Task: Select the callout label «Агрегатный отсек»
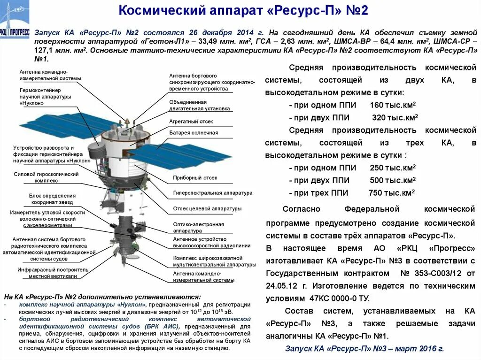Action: [191, 121]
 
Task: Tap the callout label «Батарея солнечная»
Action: [194, 133]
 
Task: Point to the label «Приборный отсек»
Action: [195, 178]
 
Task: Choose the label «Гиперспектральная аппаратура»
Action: [212, 192]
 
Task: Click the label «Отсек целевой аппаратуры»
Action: [207, 208]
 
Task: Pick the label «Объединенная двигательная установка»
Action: [200, 105]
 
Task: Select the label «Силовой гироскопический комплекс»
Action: [46, 177]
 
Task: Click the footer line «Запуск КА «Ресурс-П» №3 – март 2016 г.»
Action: [364, 348]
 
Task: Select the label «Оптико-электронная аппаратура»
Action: [198, 228]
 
